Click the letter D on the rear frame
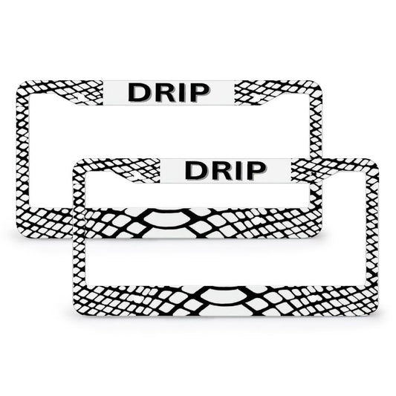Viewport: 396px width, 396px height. tap(138, 93)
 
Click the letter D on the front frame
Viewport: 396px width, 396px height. tap(195, 171)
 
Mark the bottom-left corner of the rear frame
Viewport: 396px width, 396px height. tap(18, 237)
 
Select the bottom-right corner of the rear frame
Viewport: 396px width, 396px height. tap(321, 237)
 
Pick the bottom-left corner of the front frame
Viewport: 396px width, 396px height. tap(75, 314)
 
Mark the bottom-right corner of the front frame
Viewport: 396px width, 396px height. tap(377, 314)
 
